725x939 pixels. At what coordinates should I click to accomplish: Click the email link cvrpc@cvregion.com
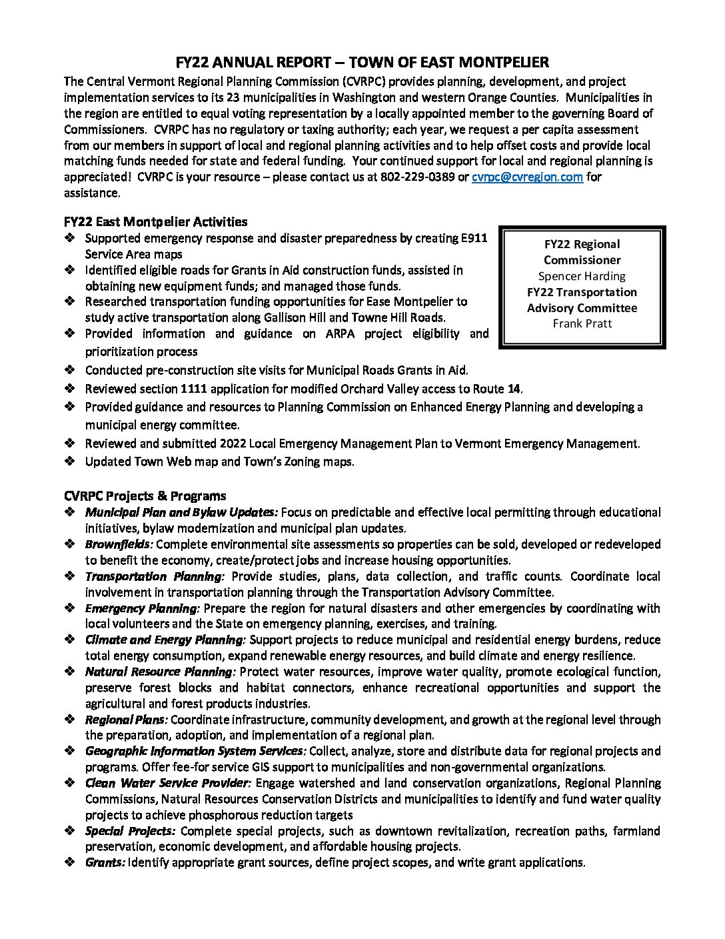point(527,177)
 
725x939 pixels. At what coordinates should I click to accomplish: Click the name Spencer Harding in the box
point(582,276)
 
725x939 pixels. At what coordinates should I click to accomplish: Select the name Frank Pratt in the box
point(582,323)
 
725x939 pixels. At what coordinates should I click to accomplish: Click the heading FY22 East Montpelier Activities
point(155,222)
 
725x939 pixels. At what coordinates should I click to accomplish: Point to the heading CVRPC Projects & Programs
point(145,496)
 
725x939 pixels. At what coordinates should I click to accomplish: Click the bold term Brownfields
point(119,545)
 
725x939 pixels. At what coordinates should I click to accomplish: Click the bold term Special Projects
point(130,831)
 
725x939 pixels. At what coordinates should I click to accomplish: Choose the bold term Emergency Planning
point(142,608)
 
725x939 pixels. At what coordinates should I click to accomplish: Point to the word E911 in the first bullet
point(472,239)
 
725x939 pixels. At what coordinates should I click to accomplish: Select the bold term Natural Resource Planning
point(160,672)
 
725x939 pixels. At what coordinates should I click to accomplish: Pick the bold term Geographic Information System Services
point(195,752)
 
